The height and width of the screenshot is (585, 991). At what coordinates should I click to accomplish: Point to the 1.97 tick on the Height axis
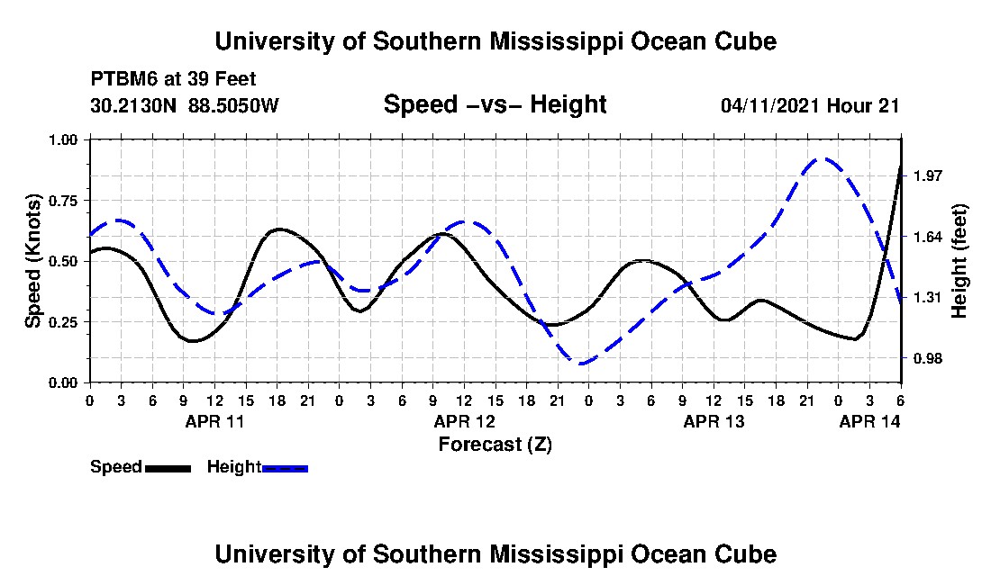(x=928, y=176)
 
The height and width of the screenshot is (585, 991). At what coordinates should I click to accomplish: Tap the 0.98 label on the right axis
(x=928, y=358)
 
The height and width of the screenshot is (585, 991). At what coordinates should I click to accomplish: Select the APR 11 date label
(x=214, y=421)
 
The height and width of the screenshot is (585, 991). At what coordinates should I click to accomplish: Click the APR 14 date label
(x=869, y=421)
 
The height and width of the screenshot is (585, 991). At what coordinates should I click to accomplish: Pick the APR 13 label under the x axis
(x=714, y=421)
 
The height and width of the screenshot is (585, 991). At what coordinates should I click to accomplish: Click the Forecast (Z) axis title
(x=495, y=445)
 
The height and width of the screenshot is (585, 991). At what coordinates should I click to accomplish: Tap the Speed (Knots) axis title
(x=32, y=261)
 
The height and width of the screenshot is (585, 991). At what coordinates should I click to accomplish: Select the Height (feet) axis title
(x=959, y=261)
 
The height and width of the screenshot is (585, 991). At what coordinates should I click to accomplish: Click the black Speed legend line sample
(x=168, y=468)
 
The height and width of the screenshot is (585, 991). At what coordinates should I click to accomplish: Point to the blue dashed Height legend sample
(x=285, y=468)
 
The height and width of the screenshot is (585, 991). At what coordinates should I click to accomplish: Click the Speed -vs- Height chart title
(x=495, y=104)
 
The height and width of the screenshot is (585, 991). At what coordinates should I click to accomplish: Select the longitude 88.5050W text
(x=233, y=104)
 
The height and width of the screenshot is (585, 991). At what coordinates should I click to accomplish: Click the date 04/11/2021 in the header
(x=770, y=105)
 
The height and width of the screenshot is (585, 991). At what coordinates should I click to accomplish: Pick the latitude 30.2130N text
(x=133, y=104)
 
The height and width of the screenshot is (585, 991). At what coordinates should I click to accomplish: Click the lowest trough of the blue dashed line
(x=582, y=364)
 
